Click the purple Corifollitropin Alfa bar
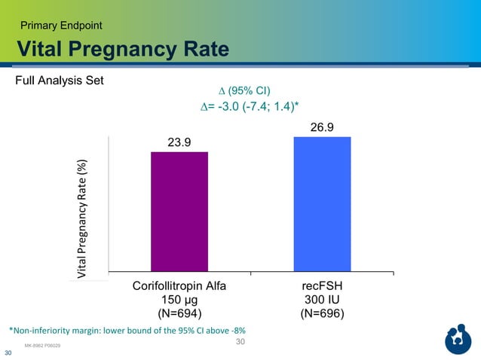tap(179, 211)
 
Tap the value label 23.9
tap(179, 141)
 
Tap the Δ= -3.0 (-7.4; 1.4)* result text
tap(244, 108)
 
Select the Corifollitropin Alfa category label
tap(179, 287)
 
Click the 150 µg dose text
tap(179, 301)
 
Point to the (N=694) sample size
tap(179, 314)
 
